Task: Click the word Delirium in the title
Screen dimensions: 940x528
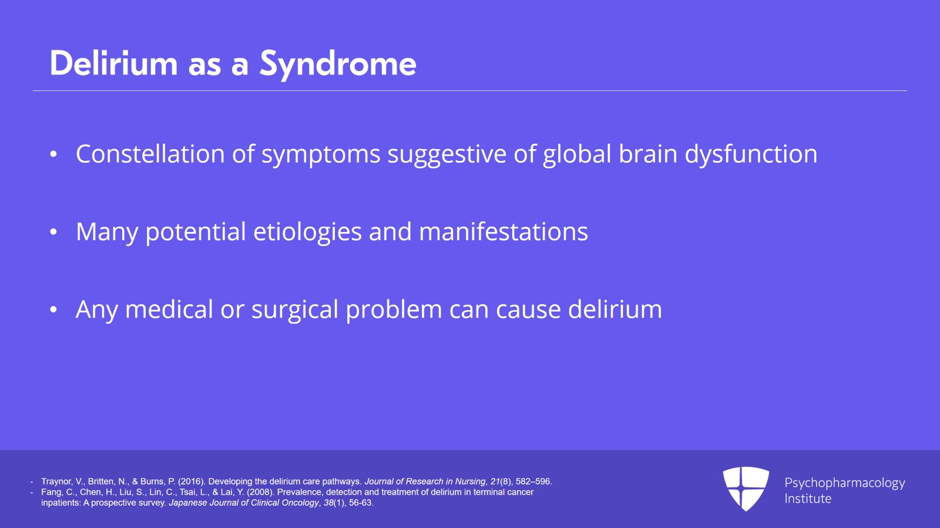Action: pyautogui.click(x=113, y=63)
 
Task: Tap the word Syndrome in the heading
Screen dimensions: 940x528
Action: pyautogui.click(x=338, y=65)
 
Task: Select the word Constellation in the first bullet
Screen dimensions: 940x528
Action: pyautogui.click(x=150, y=153)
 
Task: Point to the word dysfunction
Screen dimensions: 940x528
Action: pyautogui.click(x=751, y=154)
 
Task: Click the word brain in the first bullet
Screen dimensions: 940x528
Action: pyautogui.click(x=647, y=153)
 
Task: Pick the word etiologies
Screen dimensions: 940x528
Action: pyautogui.click(x=307, y=232)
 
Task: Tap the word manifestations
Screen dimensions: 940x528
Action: pyautogui.click(x=503, y=231)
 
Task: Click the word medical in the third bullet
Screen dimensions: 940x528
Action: pyautogui.click(x=169, y=309)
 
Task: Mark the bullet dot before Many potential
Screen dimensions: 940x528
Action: pyautogui.click(x=53, y=232)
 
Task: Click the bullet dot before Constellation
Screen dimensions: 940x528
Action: pyautogui.click(x=53, y=154)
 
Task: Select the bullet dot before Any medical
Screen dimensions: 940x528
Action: pyautogui.click(x=53, y=310)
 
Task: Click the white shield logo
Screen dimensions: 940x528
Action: pyautogui.click(x=746, y=488)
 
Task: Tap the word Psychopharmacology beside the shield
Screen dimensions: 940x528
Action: pyautogui.click(x=844, y=483)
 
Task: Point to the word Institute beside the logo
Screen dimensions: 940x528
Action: pyautogui.click(x=808, y=499)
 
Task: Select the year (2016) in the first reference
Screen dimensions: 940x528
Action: pyautogui.click(x=192, y=482)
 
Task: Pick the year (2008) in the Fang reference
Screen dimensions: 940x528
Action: pyautogui.click(x=261, y=492)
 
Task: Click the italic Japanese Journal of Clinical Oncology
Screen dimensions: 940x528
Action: pyautogui.click(x=244, y=502)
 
